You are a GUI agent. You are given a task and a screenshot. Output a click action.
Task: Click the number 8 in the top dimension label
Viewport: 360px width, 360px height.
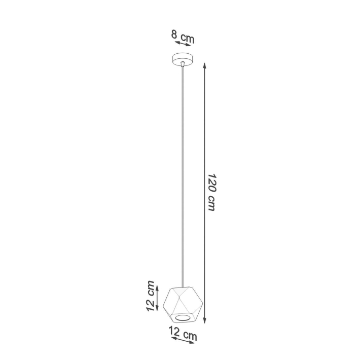coord(174,34)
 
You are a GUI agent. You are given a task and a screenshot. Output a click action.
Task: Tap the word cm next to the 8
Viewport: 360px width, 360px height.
coord(187,38)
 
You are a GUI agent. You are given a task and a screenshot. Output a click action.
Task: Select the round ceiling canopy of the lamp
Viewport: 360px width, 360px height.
coord(183,57)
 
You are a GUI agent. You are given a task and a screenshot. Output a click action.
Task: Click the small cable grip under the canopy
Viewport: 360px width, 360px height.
coord(183,64)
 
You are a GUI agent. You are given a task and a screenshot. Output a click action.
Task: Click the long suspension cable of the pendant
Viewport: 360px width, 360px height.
coord(183,172)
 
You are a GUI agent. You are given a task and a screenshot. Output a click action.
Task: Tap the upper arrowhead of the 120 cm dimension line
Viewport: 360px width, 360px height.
coord(204,66)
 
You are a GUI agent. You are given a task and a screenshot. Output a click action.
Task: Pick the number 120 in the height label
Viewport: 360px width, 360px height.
coord(212,182)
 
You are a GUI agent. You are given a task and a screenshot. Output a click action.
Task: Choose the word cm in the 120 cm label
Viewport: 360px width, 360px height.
coord(212,204)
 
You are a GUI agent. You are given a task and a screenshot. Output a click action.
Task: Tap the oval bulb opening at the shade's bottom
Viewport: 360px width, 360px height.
coord(183,318)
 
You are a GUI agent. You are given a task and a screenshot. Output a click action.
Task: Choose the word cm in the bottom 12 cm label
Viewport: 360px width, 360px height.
coord(190,336)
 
